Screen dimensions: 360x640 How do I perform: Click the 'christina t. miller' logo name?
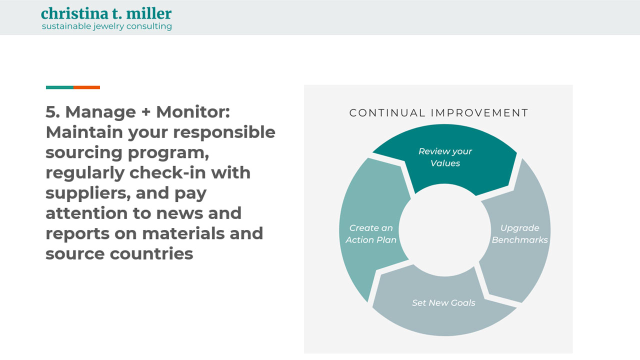tap(106, 13)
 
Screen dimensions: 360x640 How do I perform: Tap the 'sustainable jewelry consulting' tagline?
tap(106, 26)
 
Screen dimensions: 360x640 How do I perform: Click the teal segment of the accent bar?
tap(59, 87)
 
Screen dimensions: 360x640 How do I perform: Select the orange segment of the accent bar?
tap(87, 87)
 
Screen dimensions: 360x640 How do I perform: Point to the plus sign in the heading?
tap(145, 112)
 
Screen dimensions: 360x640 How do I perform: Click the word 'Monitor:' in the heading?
tap(193, 112)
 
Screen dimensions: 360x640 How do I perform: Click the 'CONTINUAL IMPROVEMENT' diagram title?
tap(438, 113)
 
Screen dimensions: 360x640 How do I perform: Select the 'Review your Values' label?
tap(445, 157)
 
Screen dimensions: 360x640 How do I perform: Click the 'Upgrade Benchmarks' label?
tap(519, 234)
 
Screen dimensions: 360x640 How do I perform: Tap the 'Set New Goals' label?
tap(443, 303)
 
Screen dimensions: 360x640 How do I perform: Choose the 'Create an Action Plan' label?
tap(371, 234)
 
